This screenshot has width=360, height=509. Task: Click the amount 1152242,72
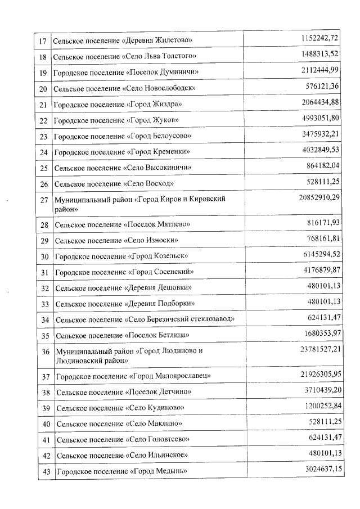[319, 38]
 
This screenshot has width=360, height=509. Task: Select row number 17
[43, 40]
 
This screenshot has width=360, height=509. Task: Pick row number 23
[43, 137]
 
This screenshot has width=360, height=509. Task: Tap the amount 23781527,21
[317, 348]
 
